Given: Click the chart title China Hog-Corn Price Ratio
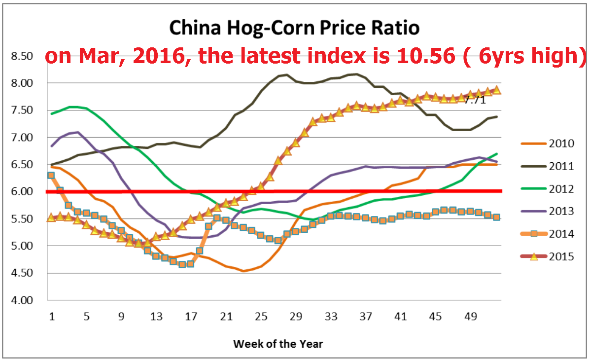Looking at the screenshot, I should coord(294,28).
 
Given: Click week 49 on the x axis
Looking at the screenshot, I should coord(471,316).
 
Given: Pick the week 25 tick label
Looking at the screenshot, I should coord(261,316).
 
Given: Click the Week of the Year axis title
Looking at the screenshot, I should coord(278,343).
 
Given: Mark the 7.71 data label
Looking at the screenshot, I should coord(475,101).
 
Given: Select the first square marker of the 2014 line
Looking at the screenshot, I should coord(51,175).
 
